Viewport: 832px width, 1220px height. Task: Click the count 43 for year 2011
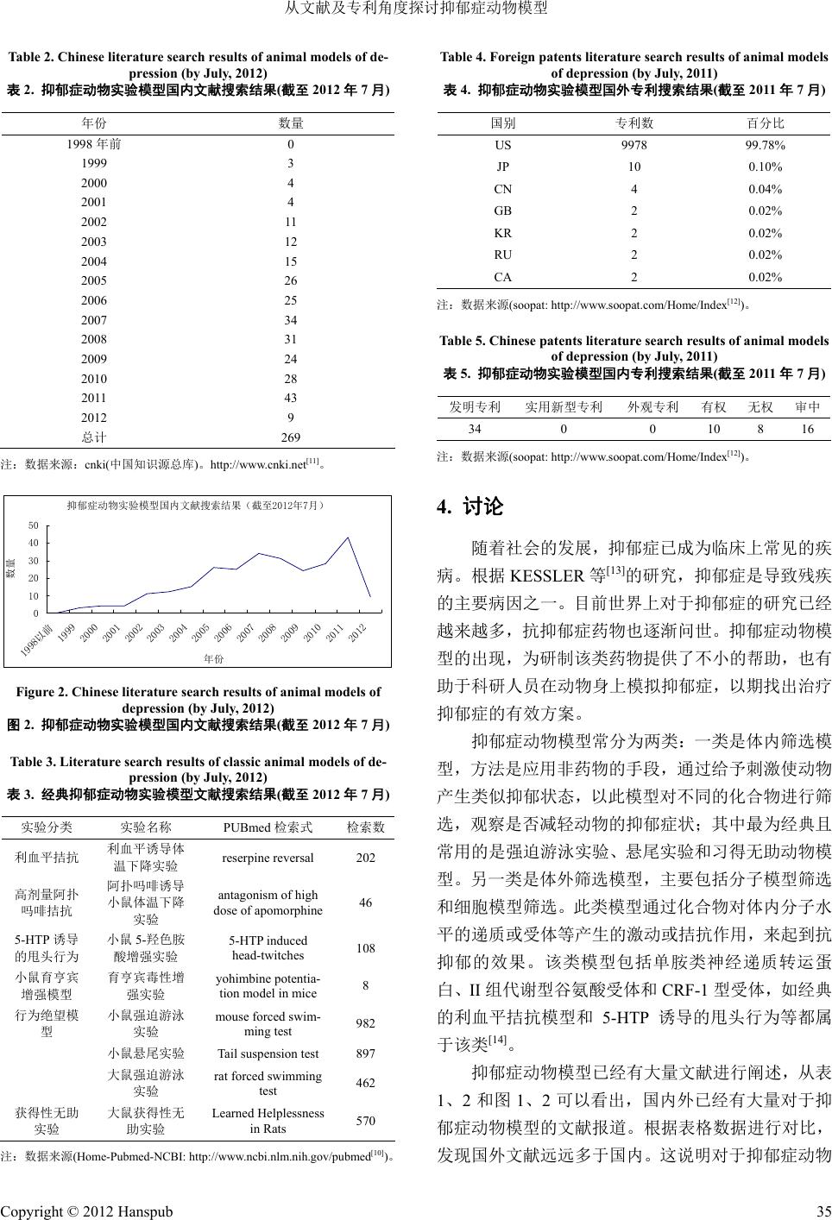coord(291,398)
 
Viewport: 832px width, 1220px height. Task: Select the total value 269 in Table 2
coord(291,437)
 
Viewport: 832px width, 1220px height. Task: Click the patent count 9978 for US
coord(634,145)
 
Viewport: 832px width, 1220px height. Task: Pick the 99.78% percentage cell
coord(765,145)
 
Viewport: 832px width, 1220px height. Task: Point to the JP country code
coord(502,167)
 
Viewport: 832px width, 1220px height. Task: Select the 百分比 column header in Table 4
coord(765,123)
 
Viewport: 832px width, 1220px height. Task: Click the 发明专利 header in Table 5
coord(475,406)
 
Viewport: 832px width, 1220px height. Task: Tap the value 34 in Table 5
coord(475,428)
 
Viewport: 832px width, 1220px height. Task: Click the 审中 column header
coord(808,406)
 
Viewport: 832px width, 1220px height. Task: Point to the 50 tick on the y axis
coord(34,525)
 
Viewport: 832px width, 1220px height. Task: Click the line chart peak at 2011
coord(348,538)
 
